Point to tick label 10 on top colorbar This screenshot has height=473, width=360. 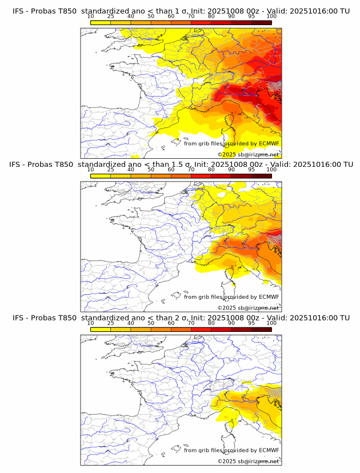click(90, 16)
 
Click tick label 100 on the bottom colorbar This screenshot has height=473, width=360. click(271, 323)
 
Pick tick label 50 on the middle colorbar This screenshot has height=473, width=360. click(151, 170)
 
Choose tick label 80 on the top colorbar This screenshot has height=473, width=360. click(211, 16)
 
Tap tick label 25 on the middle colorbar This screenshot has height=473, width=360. click(111, 170)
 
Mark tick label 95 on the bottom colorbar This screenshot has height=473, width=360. click(251, 323)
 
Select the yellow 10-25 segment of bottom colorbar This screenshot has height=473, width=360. click(101, 329)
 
